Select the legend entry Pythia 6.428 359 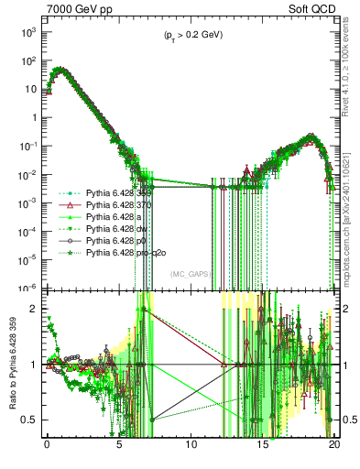coord(116,194)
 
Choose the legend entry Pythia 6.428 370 coord(116,206)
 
